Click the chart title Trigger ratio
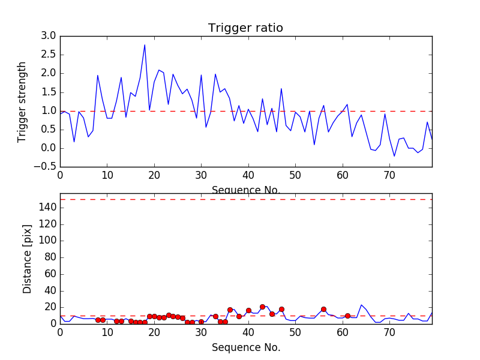click(245, 28)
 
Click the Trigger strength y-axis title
click(22, 101)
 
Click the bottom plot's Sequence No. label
click(246, 347)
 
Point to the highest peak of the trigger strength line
click(145, 45)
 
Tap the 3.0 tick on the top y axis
click(49, 36)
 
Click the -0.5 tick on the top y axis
click(46, 167)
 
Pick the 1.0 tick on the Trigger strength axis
click(49, 111)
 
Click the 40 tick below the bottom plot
click(248, 332)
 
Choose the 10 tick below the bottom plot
click(107, 332)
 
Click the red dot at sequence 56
click(323, 310)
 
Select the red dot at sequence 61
click(347, 316)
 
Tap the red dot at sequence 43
click(262, 307)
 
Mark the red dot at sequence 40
click(248, 311)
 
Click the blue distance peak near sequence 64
click(361, 305)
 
